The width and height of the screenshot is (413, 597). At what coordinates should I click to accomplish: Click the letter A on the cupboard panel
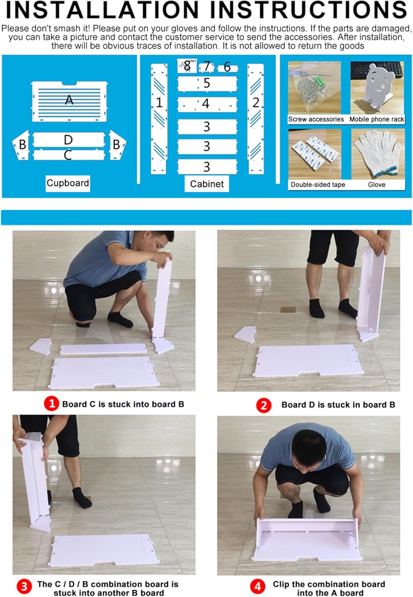(x=69, y=100)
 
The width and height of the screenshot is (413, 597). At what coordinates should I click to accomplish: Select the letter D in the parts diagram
(x=68, y=140)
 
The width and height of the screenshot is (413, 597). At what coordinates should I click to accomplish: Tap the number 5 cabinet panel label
(x=207, y=83)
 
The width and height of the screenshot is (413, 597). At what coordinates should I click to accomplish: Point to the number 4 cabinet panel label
(x=206, y=103)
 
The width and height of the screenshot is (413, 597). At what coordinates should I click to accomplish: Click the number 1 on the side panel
(x=159, y=103)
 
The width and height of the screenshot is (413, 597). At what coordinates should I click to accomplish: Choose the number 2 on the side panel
(x=256, y=103)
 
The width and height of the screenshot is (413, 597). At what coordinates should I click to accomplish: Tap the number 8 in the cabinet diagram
(x=187, y=66)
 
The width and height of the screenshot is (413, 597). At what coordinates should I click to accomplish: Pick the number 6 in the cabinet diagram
(x=227, y=67)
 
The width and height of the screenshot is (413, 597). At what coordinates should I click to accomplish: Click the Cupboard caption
(x=68, y=183)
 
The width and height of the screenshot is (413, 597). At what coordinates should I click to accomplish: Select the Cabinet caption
(x=207, y=183)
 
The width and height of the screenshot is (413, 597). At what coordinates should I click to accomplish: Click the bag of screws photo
(x=314, y=88)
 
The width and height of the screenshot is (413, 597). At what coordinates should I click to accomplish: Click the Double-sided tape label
(x=318, y=185)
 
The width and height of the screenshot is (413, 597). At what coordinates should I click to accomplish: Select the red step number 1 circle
(x=51, y=404)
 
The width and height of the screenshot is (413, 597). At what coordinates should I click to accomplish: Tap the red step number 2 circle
(x=264, y=406)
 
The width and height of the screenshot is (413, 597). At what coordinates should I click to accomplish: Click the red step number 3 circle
(x=24, y=587)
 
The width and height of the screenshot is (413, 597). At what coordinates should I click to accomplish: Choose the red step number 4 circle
(x=258, y=587)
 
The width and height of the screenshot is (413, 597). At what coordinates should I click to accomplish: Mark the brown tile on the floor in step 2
(x=288, y=310)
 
